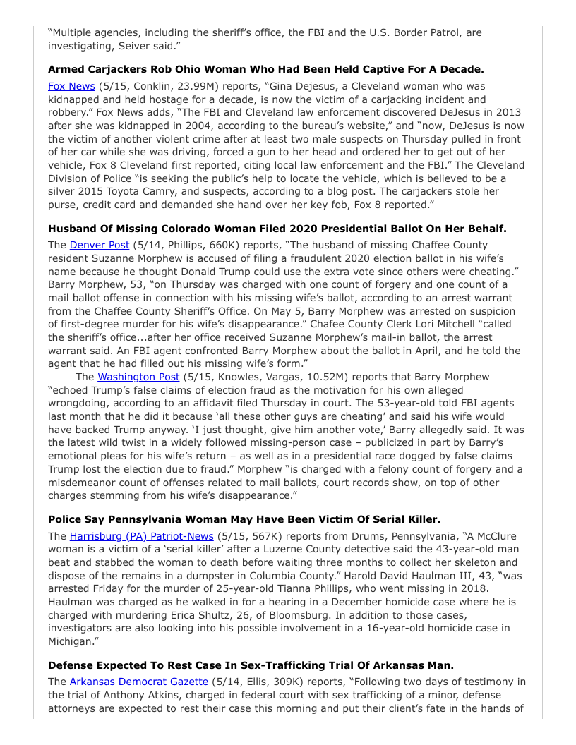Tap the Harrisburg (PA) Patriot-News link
[141, 536]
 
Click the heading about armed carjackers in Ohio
[265, 70]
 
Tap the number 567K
[267, 536]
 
